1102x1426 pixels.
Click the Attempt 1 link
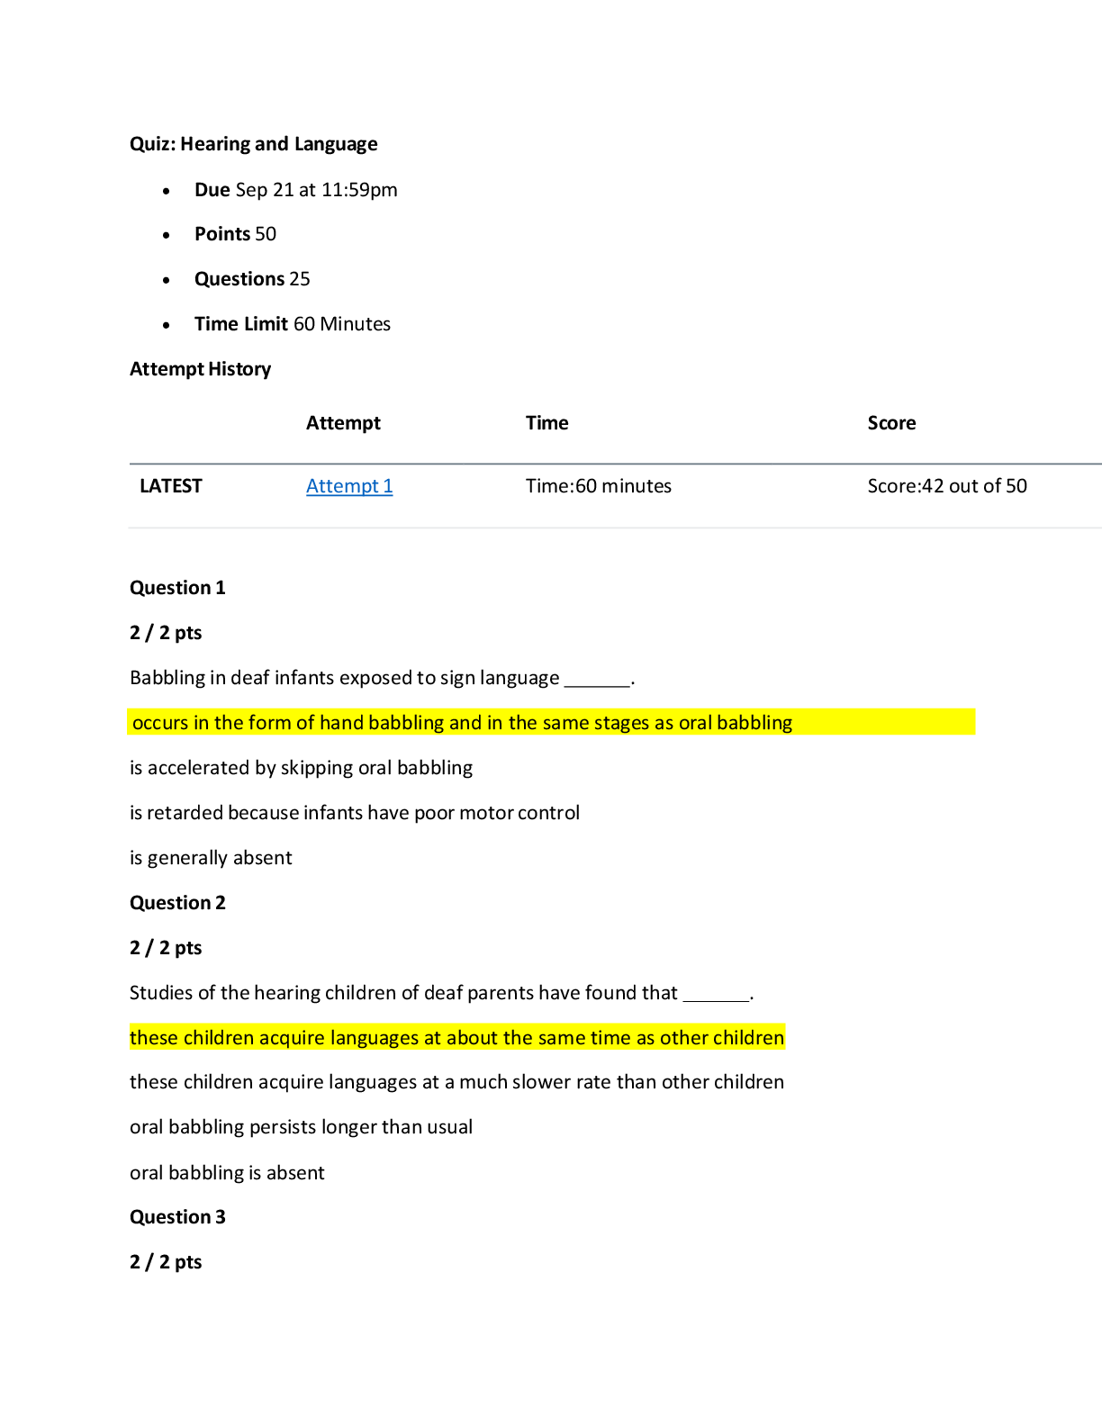point(349,486)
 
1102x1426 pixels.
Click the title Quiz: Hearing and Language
point(253,144)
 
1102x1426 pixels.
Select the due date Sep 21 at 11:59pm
point(315,190)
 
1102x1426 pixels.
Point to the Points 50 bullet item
point(235,234)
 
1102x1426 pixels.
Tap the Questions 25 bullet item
point(252,279)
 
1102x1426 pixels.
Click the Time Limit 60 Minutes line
point(292,324)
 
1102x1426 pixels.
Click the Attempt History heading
point(200,369)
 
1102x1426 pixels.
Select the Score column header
point(891,423)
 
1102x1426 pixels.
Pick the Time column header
point(546,423)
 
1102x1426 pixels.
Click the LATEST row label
point(171,486)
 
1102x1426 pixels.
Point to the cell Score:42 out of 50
point(946,486)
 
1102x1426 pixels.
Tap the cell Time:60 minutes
point(598,486)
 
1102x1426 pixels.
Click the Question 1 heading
point(177,588)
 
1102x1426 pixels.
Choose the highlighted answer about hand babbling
point(462,723)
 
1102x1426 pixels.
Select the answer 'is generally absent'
point(211,858)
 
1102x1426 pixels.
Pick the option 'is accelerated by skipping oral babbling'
point(301,768)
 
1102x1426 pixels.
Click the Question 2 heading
point(177,903)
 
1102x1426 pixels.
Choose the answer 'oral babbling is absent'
point(227,1173)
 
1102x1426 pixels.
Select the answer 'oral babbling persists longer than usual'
point(301,1127)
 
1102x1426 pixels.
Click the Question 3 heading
point(177,1217)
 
